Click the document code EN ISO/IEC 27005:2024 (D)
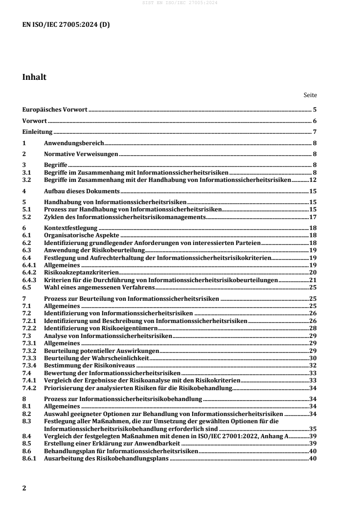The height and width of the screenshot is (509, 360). tap(66, 24)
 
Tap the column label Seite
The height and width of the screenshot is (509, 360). tap(310, 95)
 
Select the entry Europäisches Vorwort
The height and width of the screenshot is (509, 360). tap(55, 110)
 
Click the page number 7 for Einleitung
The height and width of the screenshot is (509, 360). tap(315, 132)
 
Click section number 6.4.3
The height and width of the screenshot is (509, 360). tap(30, 280)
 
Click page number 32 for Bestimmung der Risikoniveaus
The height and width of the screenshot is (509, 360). tap(313, 365)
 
